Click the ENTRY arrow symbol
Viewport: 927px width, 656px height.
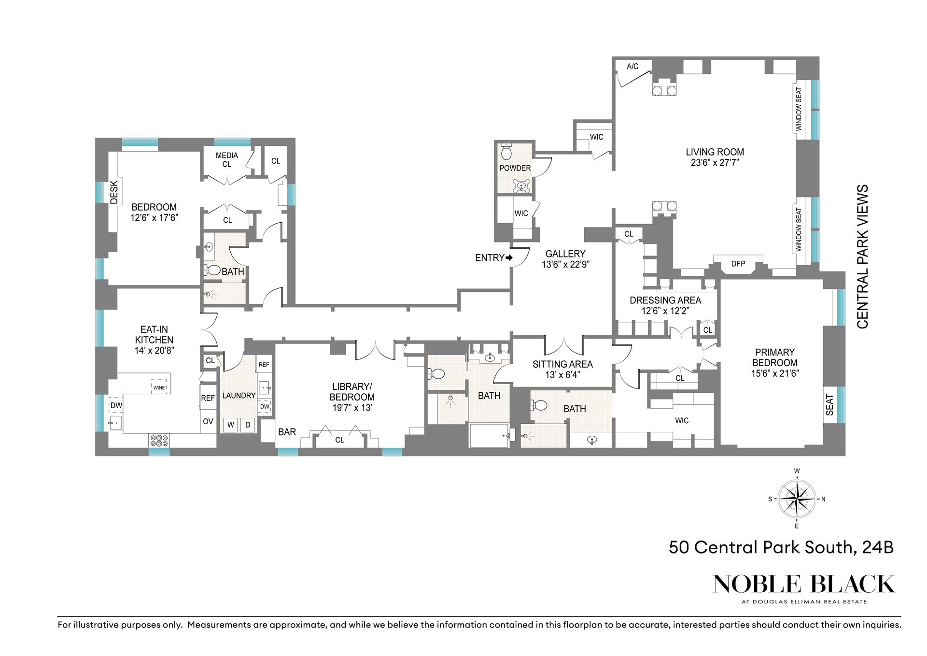coord(509,258)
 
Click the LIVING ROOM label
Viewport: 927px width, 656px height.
coord(715,152)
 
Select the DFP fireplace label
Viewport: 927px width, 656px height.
coord(738,264)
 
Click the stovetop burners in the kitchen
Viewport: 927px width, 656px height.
coord(159,441)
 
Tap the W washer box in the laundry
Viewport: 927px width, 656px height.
coord(231,425)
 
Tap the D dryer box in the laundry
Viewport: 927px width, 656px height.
coord(248,425)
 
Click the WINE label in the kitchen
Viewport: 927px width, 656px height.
coord(159,387)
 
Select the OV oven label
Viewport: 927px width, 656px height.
coord(208,422)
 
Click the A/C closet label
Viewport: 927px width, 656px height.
coord(632,66)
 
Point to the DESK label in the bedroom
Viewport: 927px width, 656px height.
coord(114,192)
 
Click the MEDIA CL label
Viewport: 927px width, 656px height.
coord(226,160)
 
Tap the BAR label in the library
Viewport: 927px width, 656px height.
coord(287,432)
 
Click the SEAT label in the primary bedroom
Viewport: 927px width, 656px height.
coord(829,405)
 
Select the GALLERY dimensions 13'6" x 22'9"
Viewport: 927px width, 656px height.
coord(565,264)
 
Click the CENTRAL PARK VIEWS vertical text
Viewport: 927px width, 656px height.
coord(862,257)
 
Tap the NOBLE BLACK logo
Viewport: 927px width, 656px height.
coord(803,584)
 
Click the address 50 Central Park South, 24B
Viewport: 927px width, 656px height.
coord(781,547)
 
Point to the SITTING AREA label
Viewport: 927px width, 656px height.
coord(562,364)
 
